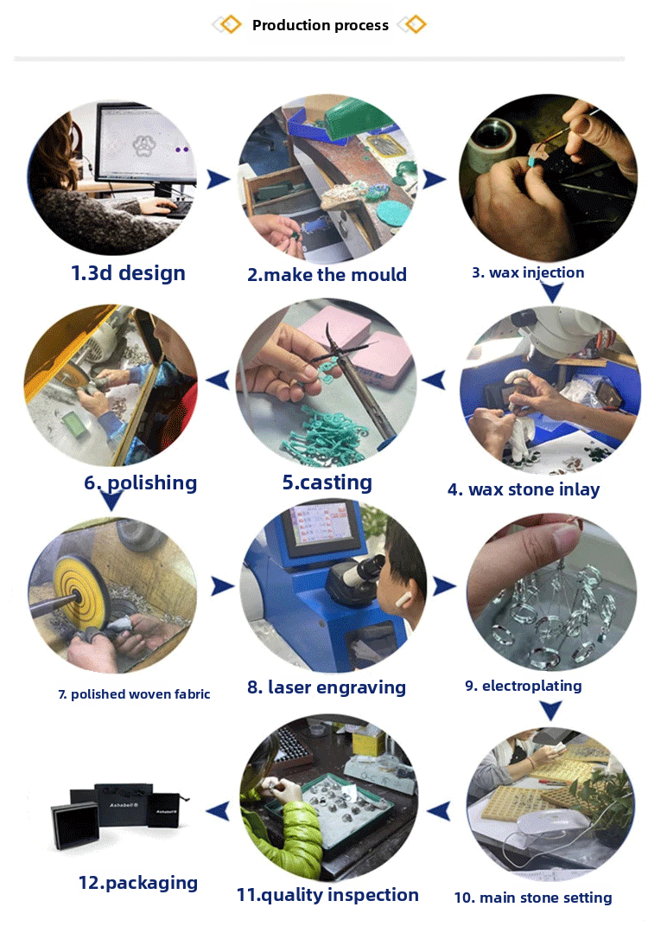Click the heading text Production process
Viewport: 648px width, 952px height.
point(321,25)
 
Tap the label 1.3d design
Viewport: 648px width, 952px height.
point(128,273)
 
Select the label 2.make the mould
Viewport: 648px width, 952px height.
point(327,274)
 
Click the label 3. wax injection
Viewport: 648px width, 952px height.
point(528,272)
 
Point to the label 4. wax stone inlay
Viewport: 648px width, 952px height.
point(524,489)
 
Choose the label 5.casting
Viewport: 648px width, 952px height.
point(327,482)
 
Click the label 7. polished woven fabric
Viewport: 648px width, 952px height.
point(134,694)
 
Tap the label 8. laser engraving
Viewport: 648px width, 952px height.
point(327,687)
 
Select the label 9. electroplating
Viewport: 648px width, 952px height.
point(523,686)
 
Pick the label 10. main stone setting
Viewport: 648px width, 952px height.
point(533,898)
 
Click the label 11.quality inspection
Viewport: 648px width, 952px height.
point(327,895)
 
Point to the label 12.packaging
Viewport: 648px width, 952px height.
point(138,883)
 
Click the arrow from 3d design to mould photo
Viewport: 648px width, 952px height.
point(219,179)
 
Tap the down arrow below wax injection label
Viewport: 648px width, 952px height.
point(551,292)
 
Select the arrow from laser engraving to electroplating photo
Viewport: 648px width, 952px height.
point(444,586)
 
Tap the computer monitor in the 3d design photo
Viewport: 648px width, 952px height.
point(146,144)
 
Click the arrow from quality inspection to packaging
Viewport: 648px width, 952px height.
point(218,810)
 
